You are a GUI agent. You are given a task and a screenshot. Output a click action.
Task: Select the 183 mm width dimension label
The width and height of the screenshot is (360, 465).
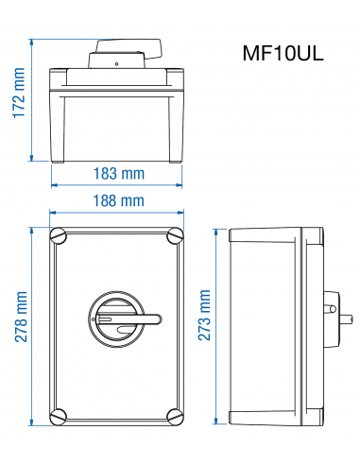tap(118, 173)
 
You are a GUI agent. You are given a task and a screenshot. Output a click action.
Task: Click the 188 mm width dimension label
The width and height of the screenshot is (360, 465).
tap(118, 200)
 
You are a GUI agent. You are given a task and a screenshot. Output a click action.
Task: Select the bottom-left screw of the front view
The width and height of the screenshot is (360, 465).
tap(60, 414)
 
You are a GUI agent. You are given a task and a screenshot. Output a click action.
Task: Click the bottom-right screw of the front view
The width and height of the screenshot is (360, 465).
tap(175, 414)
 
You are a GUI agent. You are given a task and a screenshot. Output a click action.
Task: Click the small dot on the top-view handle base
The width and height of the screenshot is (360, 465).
tap(116, 64)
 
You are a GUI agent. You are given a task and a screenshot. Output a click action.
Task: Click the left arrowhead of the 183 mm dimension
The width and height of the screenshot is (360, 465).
tap(53, 184)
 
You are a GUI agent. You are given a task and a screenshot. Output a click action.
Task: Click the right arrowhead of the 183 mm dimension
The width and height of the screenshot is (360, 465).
tap(180, 184)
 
